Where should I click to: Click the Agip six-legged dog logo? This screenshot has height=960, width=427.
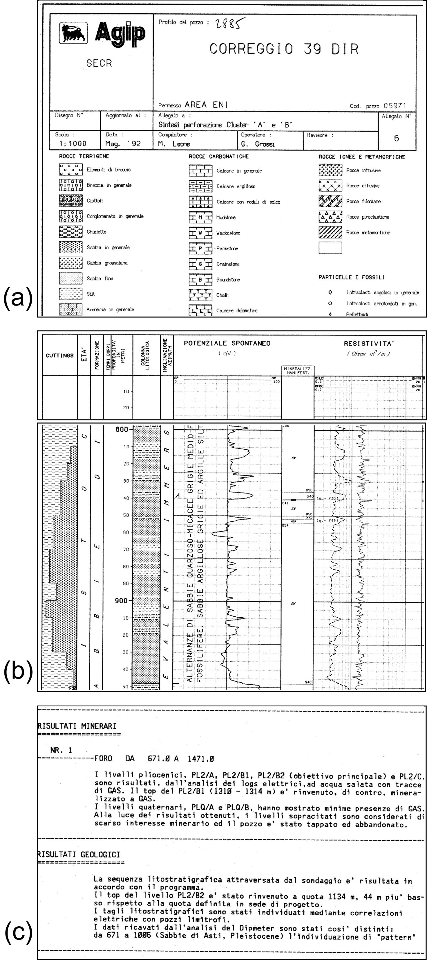(73, 33)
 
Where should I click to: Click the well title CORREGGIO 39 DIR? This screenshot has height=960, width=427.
(284, 49)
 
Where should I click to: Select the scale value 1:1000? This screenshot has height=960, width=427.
(73, 143)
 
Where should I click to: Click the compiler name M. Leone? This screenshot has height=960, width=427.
(174, 144)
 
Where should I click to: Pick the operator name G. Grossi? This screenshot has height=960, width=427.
(258, 144)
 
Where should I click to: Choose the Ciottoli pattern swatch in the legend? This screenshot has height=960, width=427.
(70, 200)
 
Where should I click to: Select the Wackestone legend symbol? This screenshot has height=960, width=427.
(200, 233)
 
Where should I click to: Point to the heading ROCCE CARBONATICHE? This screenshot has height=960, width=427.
(218, 157)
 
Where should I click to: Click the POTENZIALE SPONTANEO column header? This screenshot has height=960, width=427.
(227, 343)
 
